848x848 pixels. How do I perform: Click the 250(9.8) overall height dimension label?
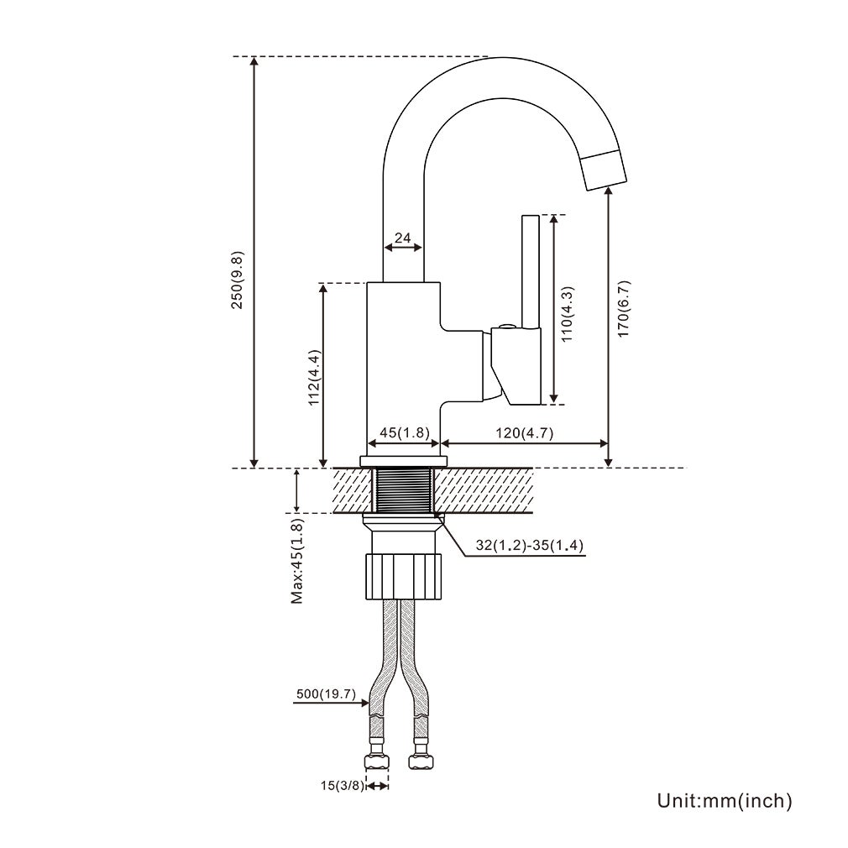(x=238, y=280)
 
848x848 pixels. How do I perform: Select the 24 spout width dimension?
(x=403, y=238)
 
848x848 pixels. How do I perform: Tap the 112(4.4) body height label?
(x=313, y=377)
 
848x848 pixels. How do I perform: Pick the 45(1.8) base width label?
(x=405, y=432)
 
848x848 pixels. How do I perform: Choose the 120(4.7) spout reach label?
(x=522, y=432)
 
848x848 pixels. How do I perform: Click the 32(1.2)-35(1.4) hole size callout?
(x=529, y=546)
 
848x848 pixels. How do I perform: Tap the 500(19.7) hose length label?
(x=327, y=694)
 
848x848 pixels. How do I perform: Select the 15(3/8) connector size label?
(x=343, y=786)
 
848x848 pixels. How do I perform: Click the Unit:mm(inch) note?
(x=725, y=801)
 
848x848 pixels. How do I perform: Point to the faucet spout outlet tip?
(x=604, y=170)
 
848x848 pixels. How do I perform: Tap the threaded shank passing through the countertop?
(x=403, y=490)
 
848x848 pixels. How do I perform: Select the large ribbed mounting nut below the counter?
(x=403, y=574)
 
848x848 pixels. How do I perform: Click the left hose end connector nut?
(x=377, y=762)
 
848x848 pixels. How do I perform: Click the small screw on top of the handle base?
(x=505, y=326)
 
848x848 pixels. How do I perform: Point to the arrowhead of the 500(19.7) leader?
(x=368, y=702)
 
